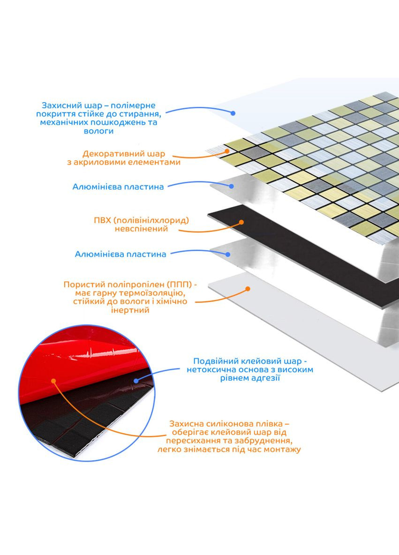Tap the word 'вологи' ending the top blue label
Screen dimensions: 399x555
[x=98, y=131]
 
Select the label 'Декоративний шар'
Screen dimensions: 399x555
[x=124, y=154]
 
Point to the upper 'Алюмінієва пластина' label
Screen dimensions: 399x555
[x=118, y=187]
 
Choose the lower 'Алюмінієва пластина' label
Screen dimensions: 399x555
[x=120, y=254]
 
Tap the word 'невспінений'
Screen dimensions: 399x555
[x=141, y=229]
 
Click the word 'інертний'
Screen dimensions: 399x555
[x=130, y=310]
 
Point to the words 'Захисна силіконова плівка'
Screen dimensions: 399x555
[x=226, y=424]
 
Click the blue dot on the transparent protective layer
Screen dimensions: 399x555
[x=233, y=113]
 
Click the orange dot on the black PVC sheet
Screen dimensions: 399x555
[x=241, y=222]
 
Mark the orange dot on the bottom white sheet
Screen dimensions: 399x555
[x=248, y=289]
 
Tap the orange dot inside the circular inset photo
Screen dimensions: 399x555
[x=53, y=381]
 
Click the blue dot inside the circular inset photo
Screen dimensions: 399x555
[x=136, y=381]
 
